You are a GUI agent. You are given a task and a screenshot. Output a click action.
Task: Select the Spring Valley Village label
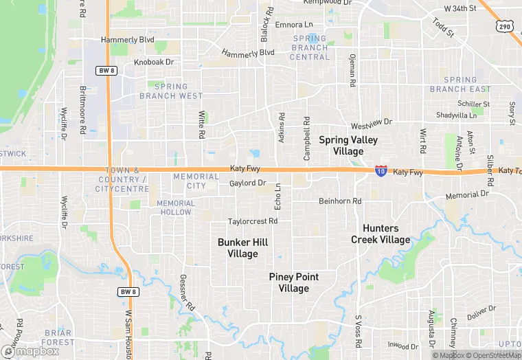[348, 145]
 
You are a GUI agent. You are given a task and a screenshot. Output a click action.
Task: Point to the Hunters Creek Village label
[381, 234]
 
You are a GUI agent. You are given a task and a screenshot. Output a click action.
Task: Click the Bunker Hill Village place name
[242, 248]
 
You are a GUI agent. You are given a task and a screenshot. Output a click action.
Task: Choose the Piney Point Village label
[293, 282]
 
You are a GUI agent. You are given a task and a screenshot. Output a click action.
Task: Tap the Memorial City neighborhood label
[196, 181]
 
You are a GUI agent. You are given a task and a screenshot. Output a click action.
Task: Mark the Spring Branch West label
[171, 91]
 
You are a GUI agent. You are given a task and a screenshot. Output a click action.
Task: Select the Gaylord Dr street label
[247, 183]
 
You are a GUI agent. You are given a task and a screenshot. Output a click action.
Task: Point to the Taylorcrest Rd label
[253, 221]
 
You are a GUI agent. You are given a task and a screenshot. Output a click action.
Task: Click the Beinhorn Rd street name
[339, 201]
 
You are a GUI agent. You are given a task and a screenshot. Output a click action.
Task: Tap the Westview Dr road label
[371, 124]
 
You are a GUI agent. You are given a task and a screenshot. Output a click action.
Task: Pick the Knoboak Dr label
[155, 62]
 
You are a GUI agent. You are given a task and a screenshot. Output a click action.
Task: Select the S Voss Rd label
[358, 330]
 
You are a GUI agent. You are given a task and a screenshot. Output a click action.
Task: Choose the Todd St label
[444, 27]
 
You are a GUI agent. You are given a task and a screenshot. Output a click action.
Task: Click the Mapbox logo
[30, 350]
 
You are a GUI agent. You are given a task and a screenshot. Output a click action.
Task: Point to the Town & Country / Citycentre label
[122, 179]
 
